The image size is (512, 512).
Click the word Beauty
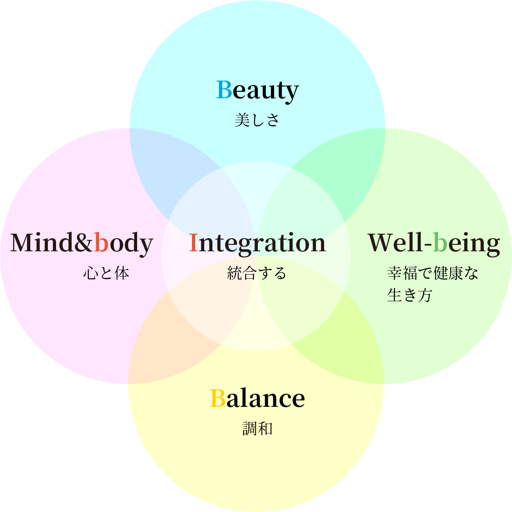click(257, 90)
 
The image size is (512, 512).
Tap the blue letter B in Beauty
click(224, 89)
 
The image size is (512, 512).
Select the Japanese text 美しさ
click(257, 120)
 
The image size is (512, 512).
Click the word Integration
click(257, 243)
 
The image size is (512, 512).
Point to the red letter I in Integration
click(194, 243)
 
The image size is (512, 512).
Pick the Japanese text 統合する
click(257, 273)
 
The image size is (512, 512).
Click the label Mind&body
click(81, 243)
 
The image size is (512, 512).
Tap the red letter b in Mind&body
click(101, 242)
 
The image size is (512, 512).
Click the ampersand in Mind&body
click(84, 243)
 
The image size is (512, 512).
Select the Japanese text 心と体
click(106, 273)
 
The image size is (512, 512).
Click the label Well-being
click(434, 243)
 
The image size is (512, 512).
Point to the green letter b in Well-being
click(440, 242)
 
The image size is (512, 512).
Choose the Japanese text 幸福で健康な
click(433, 273)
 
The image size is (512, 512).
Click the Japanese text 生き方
click(410, 295)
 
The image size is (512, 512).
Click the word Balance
click(257, 398)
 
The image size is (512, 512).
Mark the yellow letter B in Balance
click(217, 398)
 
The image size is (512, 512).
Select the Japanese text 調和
click(257, 429)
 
